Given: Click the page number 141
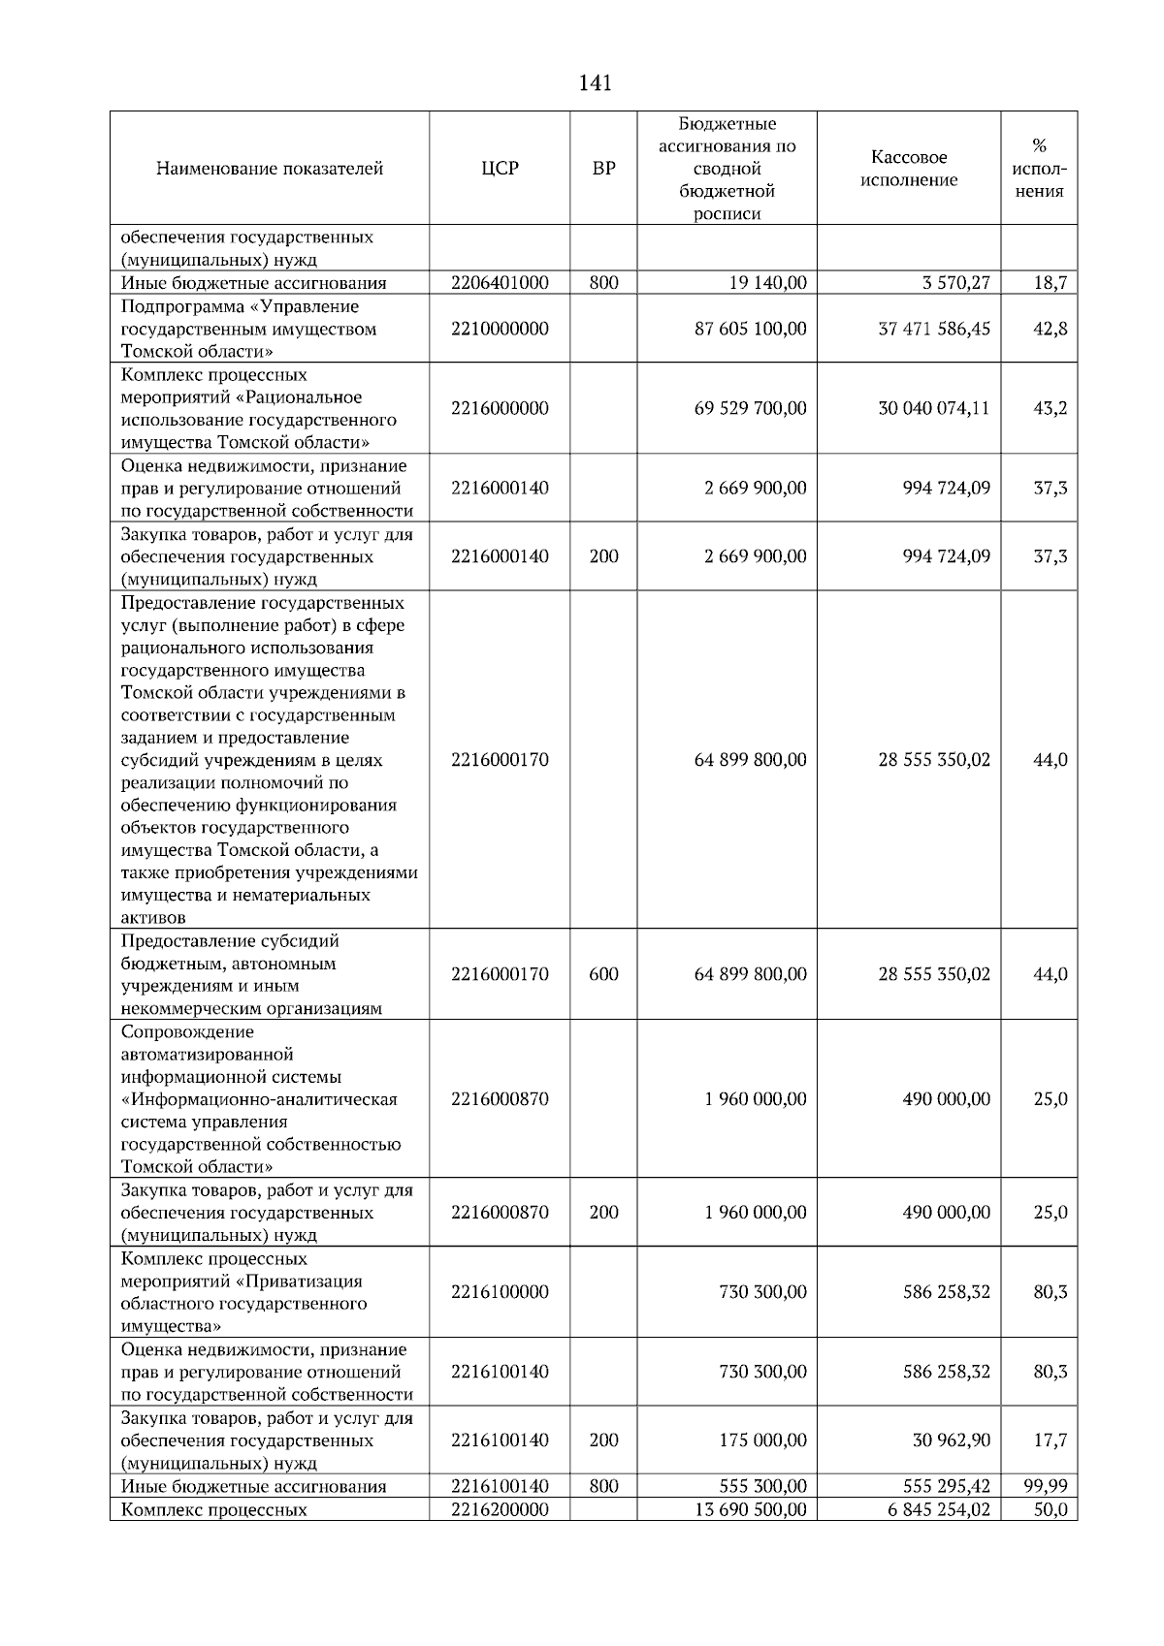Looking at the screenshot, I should pyautogui.click(x=595, y=83).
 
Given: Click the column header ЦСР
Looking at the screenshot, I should pyautogui.click(x=500, y=169).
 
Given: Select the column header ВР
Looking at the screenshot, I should pyautogui.click(x=603, y=169).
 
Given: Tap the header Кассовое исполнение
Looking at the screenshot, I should pyautogui.click(x=909, y=169).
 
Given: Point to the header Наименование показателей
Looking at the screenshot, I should pyautogui.click(x=269, y=169).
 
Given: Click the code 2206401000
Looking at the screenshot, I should pyautogui.click(x=500, y=283).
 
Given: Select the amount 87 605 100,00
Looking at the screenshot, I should pyautogui.click(x=750, y=329).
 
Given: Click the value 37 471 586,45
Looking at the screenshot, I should pyautogui.click(x=933, y=329).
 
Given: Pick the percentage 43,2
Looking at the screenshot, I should pyautogui.click(x=1050, y=408).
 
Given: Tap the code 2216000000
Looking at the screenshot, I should pyautogui.click(x=500, y=408).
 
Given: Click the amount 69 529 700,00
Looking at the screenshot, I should pyautogui.click(x=750, y=408).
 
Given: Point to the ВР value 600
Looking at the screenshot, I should pyautogui.click(x=603, y=974).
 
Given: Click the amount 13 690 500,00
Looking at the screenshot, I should pyautogui.click(x=750, y=1509).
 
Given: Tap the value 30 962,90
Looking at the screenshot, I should pyautogui.click(x=951, y=1440).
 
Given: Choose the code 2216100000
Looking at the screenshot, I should pyautogui.click(x=500, y=1292).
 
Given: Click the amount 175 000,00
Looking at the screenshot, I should pyautogui.click(x=762, y=1440).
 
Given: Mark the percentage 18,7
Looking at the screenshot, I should pyautogui.click(x=1050, y=283).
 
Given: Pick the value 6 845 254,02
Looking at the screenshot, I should pyautogui.click(x=938, y=1509).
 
